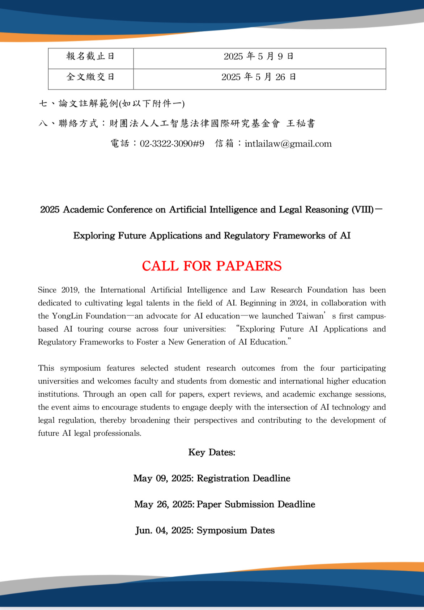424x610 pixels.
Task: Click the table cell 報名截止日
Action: click(x=90, y=56)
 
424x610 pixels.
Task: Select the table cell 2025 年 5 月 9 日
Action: click(x=259, y=56)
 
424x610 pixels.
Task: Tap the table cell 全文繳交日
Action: click(x=90, y=77)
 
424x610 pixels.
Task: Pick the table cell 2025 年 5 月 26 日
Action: click(x=259, y=77)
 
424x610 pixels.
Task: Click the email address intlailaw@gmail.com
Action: click(x=288, y=144)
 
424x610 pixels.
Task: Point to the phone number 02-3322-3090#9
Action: click(x=172, y=144)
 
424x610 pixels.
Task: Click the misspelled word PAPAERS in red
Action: click(x=249, y=266)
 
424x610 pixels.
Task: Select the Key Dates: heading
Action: click(x=212, y=453)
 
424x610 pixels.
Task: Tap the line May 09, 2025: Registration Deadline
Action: click(x=212, y=479)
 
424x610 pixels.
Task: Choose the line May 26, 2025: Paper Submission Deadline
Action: click(x=224, y=505)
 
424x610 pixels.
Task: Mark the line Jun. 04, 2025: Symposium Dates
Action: click(x=205, y=531)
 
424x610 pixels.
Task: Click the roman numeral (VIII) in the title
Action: click(x=362, y=210)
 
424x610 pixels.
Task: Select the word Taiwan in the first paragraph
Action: click(x=310, y=316)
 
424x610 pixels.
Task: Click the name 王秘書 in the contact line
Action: click(x=301, y=124)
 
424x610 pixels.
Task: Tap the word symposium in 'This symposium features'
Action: click(x=80, y=368)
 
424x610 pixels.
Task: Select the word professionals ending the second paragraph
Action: click(x=117, y=433)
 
